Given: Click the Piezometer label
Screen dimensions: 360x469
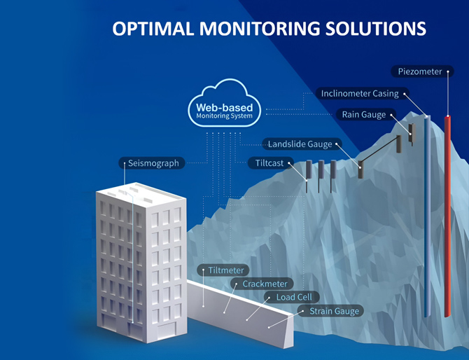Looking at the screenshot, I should [x=419, y=71].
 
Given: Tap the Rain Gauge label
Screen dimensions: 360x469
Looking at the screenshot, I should [x=364, y=114].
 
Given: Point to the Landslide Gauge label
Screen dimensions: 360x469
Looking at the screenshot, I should [x=300, y=144].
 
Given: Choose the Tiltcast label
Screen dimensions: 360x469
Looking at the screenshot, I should [x=266, y=163].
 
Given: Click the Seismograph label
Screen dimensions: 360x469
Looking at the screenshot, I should [x=153, y=163].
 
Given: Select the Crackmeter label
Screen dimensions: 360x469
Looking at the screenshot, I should [x=261, y=284].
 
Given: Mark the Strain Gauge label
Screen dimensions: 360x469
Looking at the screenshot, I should [x=335, y=311].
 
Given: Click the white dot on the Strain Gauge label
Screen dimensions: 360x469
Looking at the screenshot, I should [x=302, y=311].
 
